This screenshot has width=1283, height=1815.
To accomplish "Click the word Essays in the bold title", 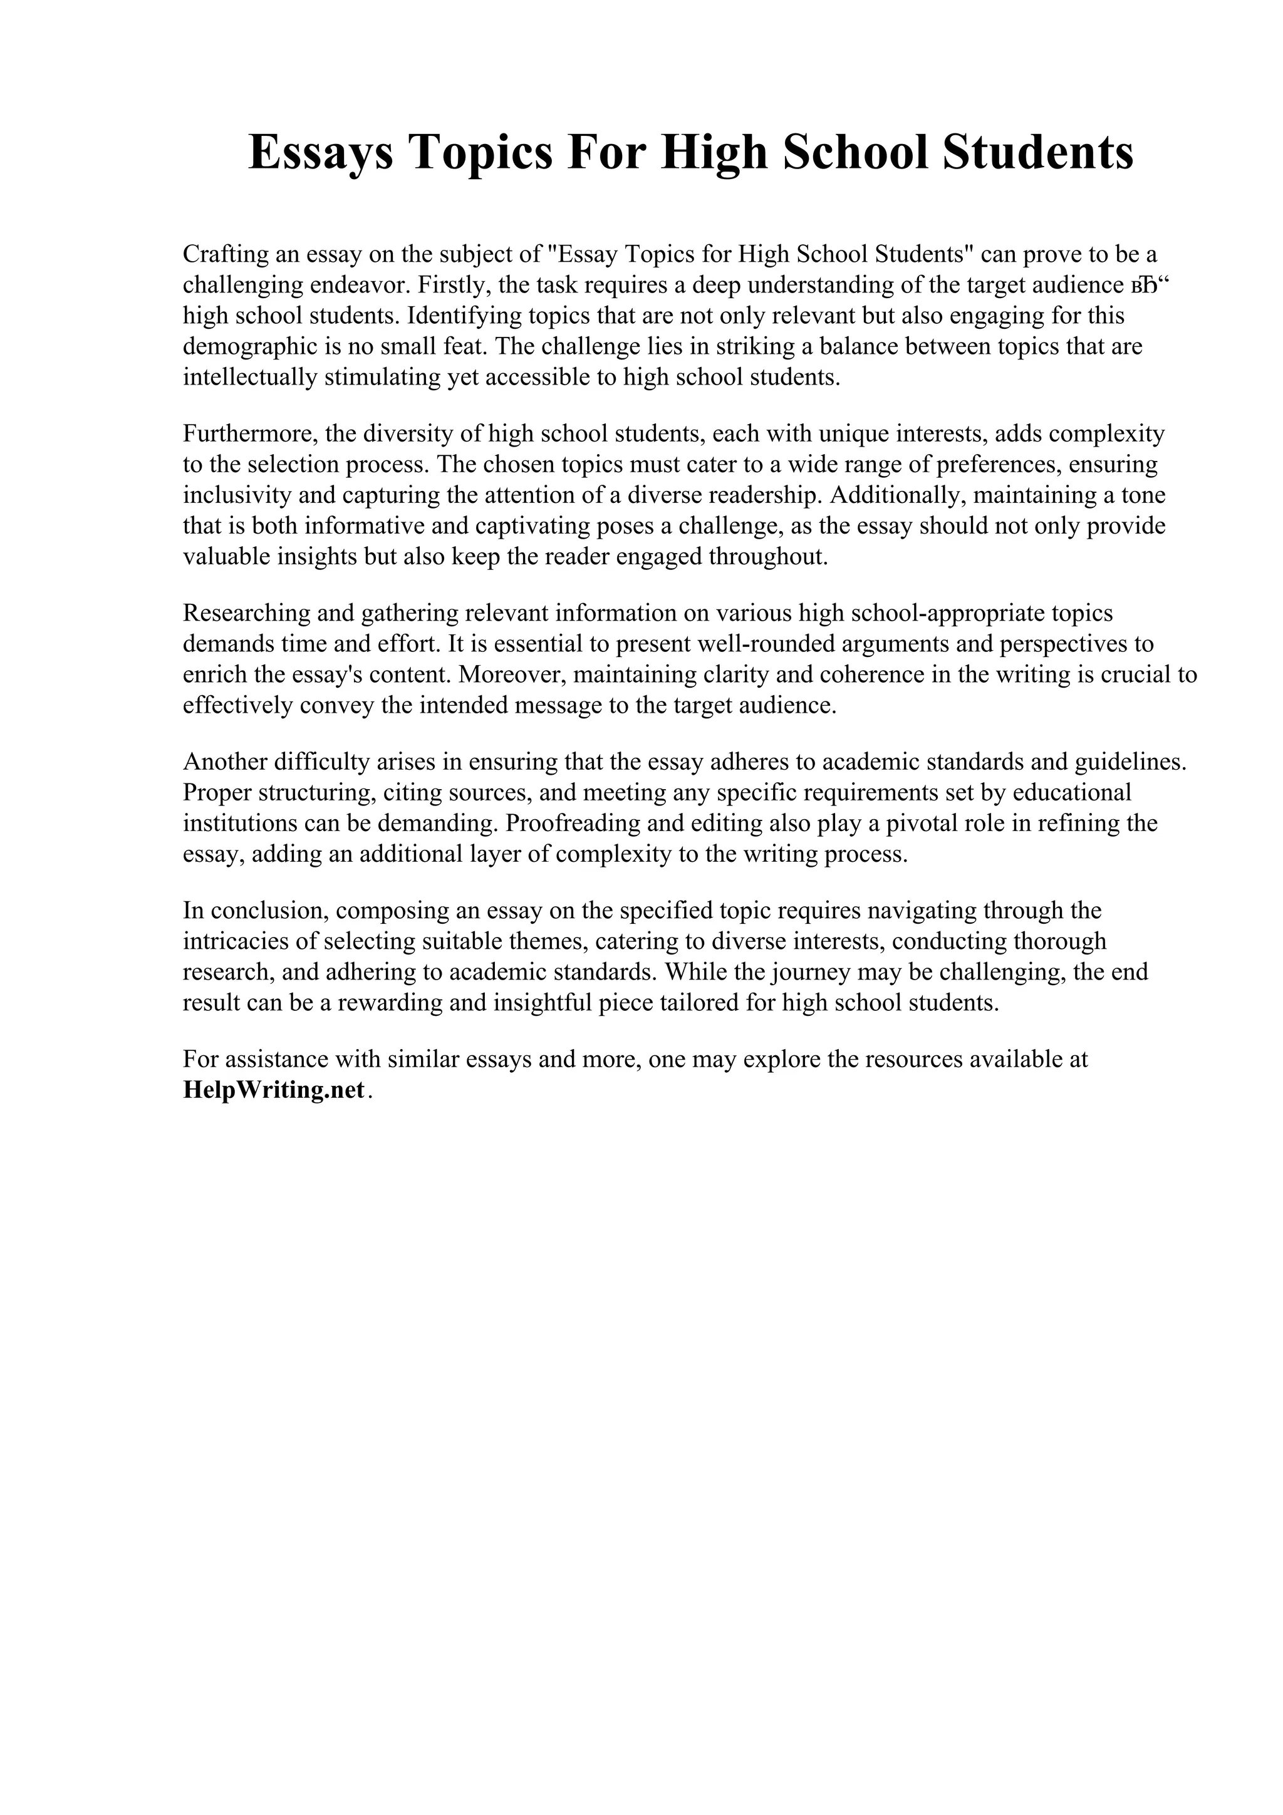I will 321,153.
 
